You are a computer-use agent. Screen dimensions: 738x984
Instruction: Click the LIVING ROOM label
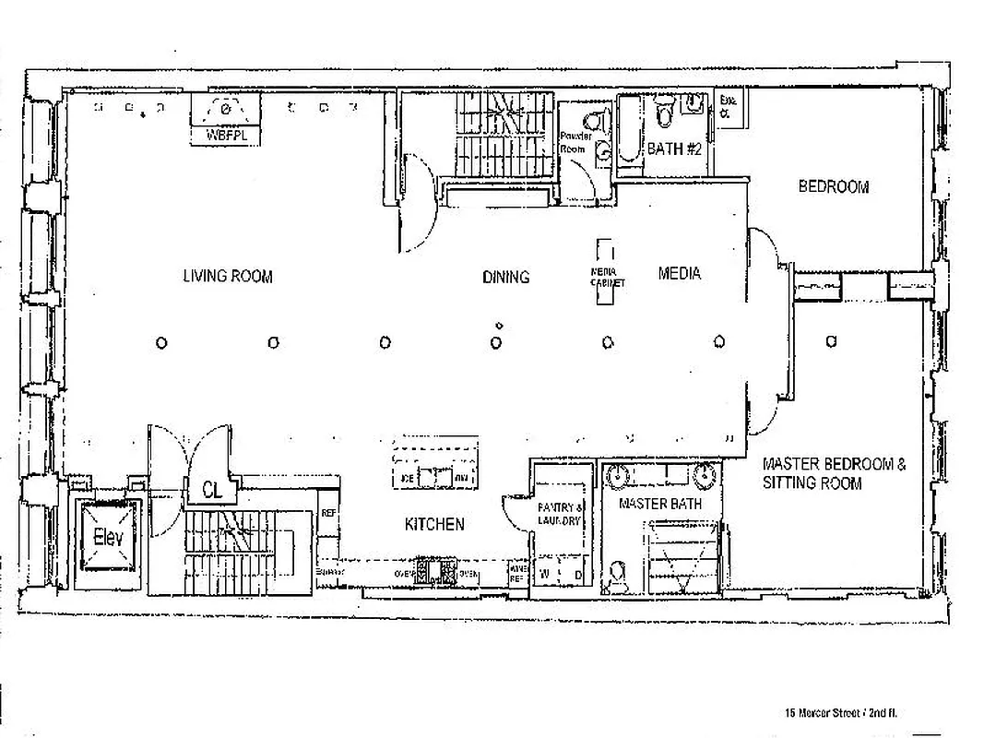pyautogui.click(x=227, y=276)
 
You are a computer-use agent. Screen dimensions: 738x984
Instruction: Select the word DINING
pyautogui.click(x=505, y=277)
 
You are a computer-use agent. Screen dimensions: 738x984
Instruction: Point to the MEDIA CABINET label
pyautogui.click(x=607, y=277)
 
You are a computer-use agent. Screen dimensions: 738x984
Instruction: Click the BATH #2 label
pyautogui.click(x=675, y=149)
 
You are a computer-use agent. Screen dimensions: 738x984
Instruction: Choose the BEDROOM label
pyautogui.click(x=833, y=186)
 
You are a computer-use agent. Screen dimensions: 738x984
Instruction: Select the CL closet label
pyautogui.click(x=212, y=491)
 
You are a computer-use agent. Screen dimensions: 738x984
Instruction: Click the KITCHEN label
pyautogui.click(x=434, y=524)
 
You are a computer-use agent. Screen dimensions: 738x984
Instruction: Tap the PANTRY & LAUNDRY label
pyautogui.click(x=561, y=514)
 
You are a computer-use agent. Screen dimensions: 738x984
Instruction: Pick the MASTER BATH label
pyautogui.click(x=659, y=504)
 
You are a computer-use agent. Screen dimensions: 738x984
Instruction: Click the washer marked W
pyautogui.click(x=544, y=575)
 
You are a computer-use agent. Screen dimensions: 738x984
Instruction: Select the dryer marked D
pyautogui.click(x=578, y=575)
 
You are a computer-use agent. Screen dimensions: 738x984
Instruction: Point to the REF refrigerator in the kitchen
pyautogui.click(x=327, y=513)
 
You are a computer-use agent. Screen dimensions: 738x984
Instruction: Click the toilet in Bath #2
pyautogui.click(x=664, y=114)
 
